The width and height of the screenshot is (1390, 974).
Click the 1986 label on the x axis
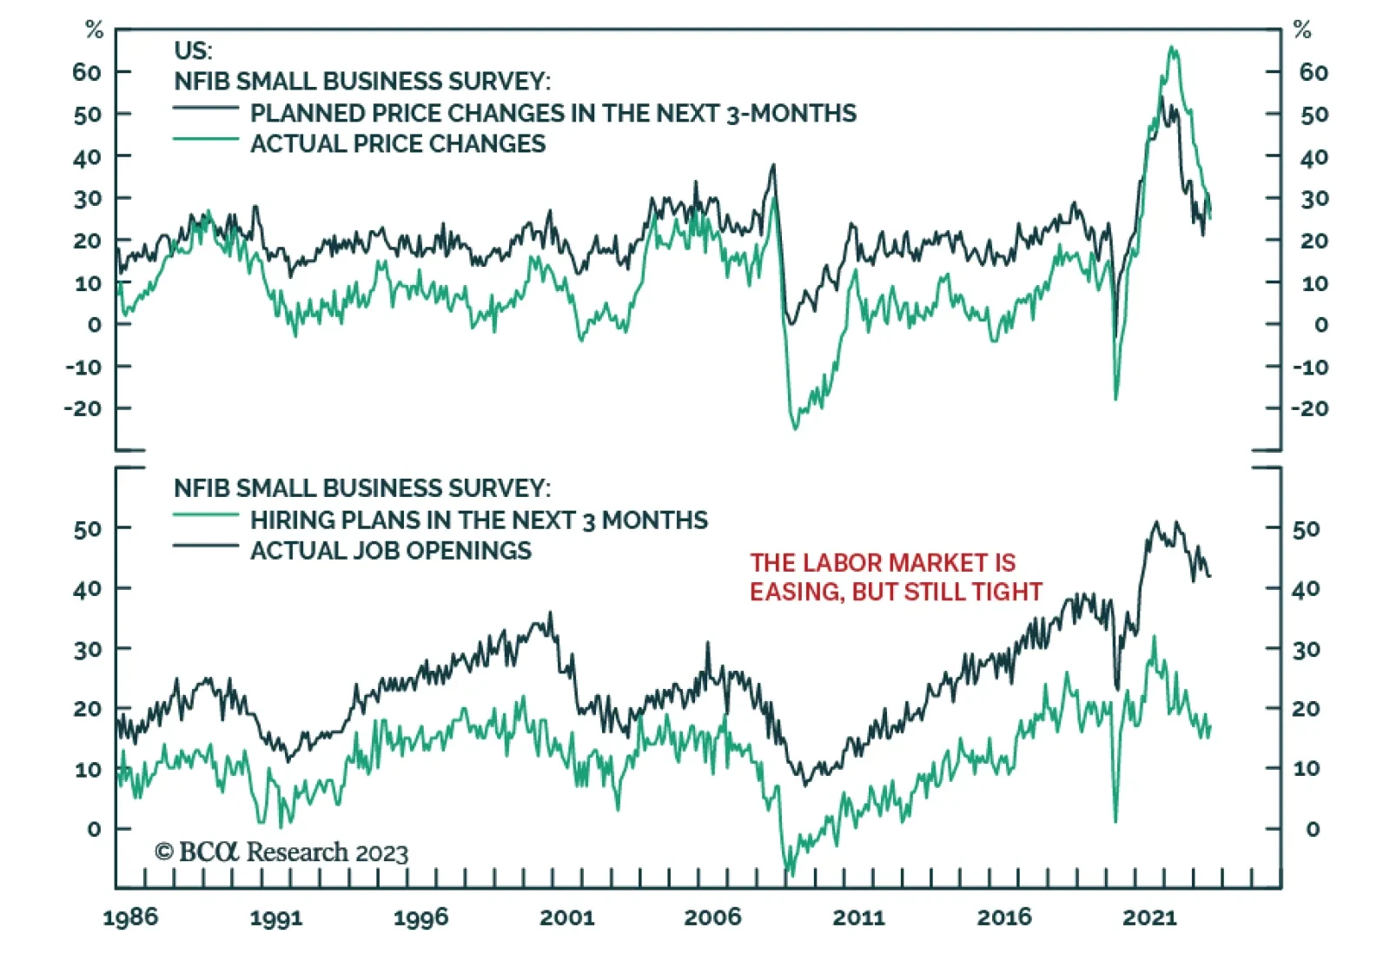[130, 918]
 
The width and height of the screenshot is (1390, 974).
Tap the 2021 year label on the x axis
[1149, 918]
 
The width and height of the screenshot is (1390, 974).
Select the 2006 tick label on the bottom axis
[712, 918]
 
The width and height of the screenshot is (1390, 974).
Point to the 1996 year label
[421, 918]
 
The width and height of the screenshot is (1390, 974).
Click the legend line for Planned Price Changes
[206, 109]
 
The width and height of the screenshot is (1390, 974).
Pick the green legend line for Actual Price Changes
[206, 139]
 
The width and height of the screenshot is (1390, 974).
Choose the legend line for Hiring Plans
[206, 515]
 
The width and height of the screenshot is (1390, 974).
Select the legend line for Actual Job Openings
[206, 546]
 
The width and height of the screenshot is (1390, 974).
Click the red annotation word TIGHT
[1007, 592]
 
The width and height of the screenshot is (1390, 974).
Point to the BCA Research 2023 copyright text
[281, 852]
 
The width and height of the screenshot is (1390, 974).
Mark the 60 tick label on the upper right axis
[1314, 72]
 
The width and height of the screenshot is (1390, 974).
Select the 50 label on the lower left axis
[88, 528]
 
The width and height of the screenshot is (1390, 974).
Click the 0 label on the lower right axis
[1313, 829]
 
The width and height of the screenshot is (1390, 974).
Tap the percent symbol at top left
[94, 30]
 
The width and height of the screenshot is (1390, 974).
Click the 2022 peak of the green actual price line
[1173, 48]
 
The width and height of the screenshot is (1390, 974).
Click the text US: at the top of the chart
[193, 50]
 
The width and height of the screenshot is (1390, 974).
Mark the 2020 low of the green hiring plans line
[1115, 820]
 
